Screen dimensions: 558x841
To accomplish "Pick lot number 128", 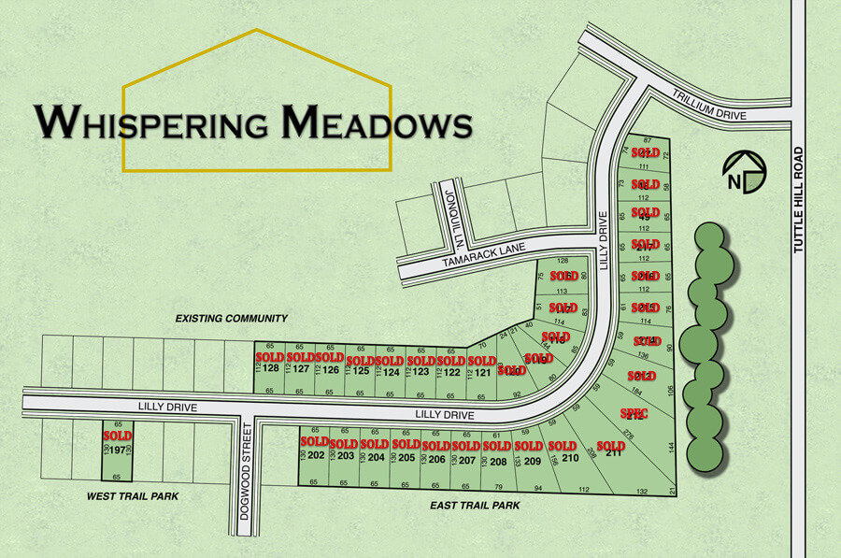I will (271, 368).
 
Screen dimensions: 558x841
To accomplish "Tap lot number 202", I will (316, 456).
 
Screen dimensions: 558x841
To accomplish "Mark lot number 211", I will (613, 455).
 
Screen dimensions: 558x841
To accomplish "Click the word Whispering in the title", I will (154, 122).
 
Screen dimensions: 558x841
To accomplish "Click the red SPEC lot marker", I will (634, 413).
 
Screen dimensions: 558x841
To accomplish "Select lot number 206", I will (436, 458).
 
